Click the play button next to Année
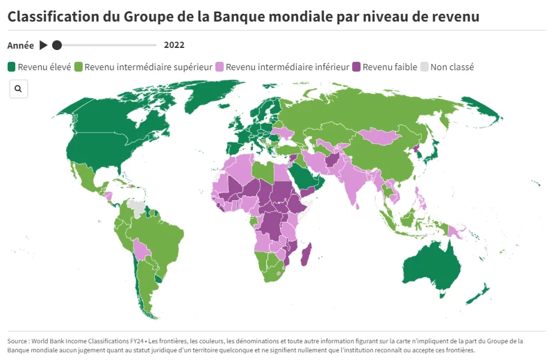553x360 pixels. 43,45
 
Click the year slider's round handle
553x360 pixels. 57,45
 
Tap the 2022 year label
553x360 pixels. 174,45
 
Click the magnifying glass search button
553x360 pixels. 18,89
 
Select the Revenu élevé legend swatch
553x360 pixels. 12,67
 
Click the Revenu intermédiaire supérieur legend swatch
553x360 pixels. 79,67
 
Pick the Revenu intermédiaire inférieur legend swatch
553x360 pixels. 220,67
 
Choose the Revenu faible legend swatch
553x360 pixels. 357,67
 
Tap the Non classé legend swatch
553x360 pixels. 424,67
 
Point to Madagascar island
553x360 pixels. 306,254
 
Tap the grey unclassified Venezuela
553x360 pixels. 138,206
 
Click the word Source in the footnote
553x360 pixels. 19,341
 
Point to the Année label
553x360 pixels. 21,45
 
